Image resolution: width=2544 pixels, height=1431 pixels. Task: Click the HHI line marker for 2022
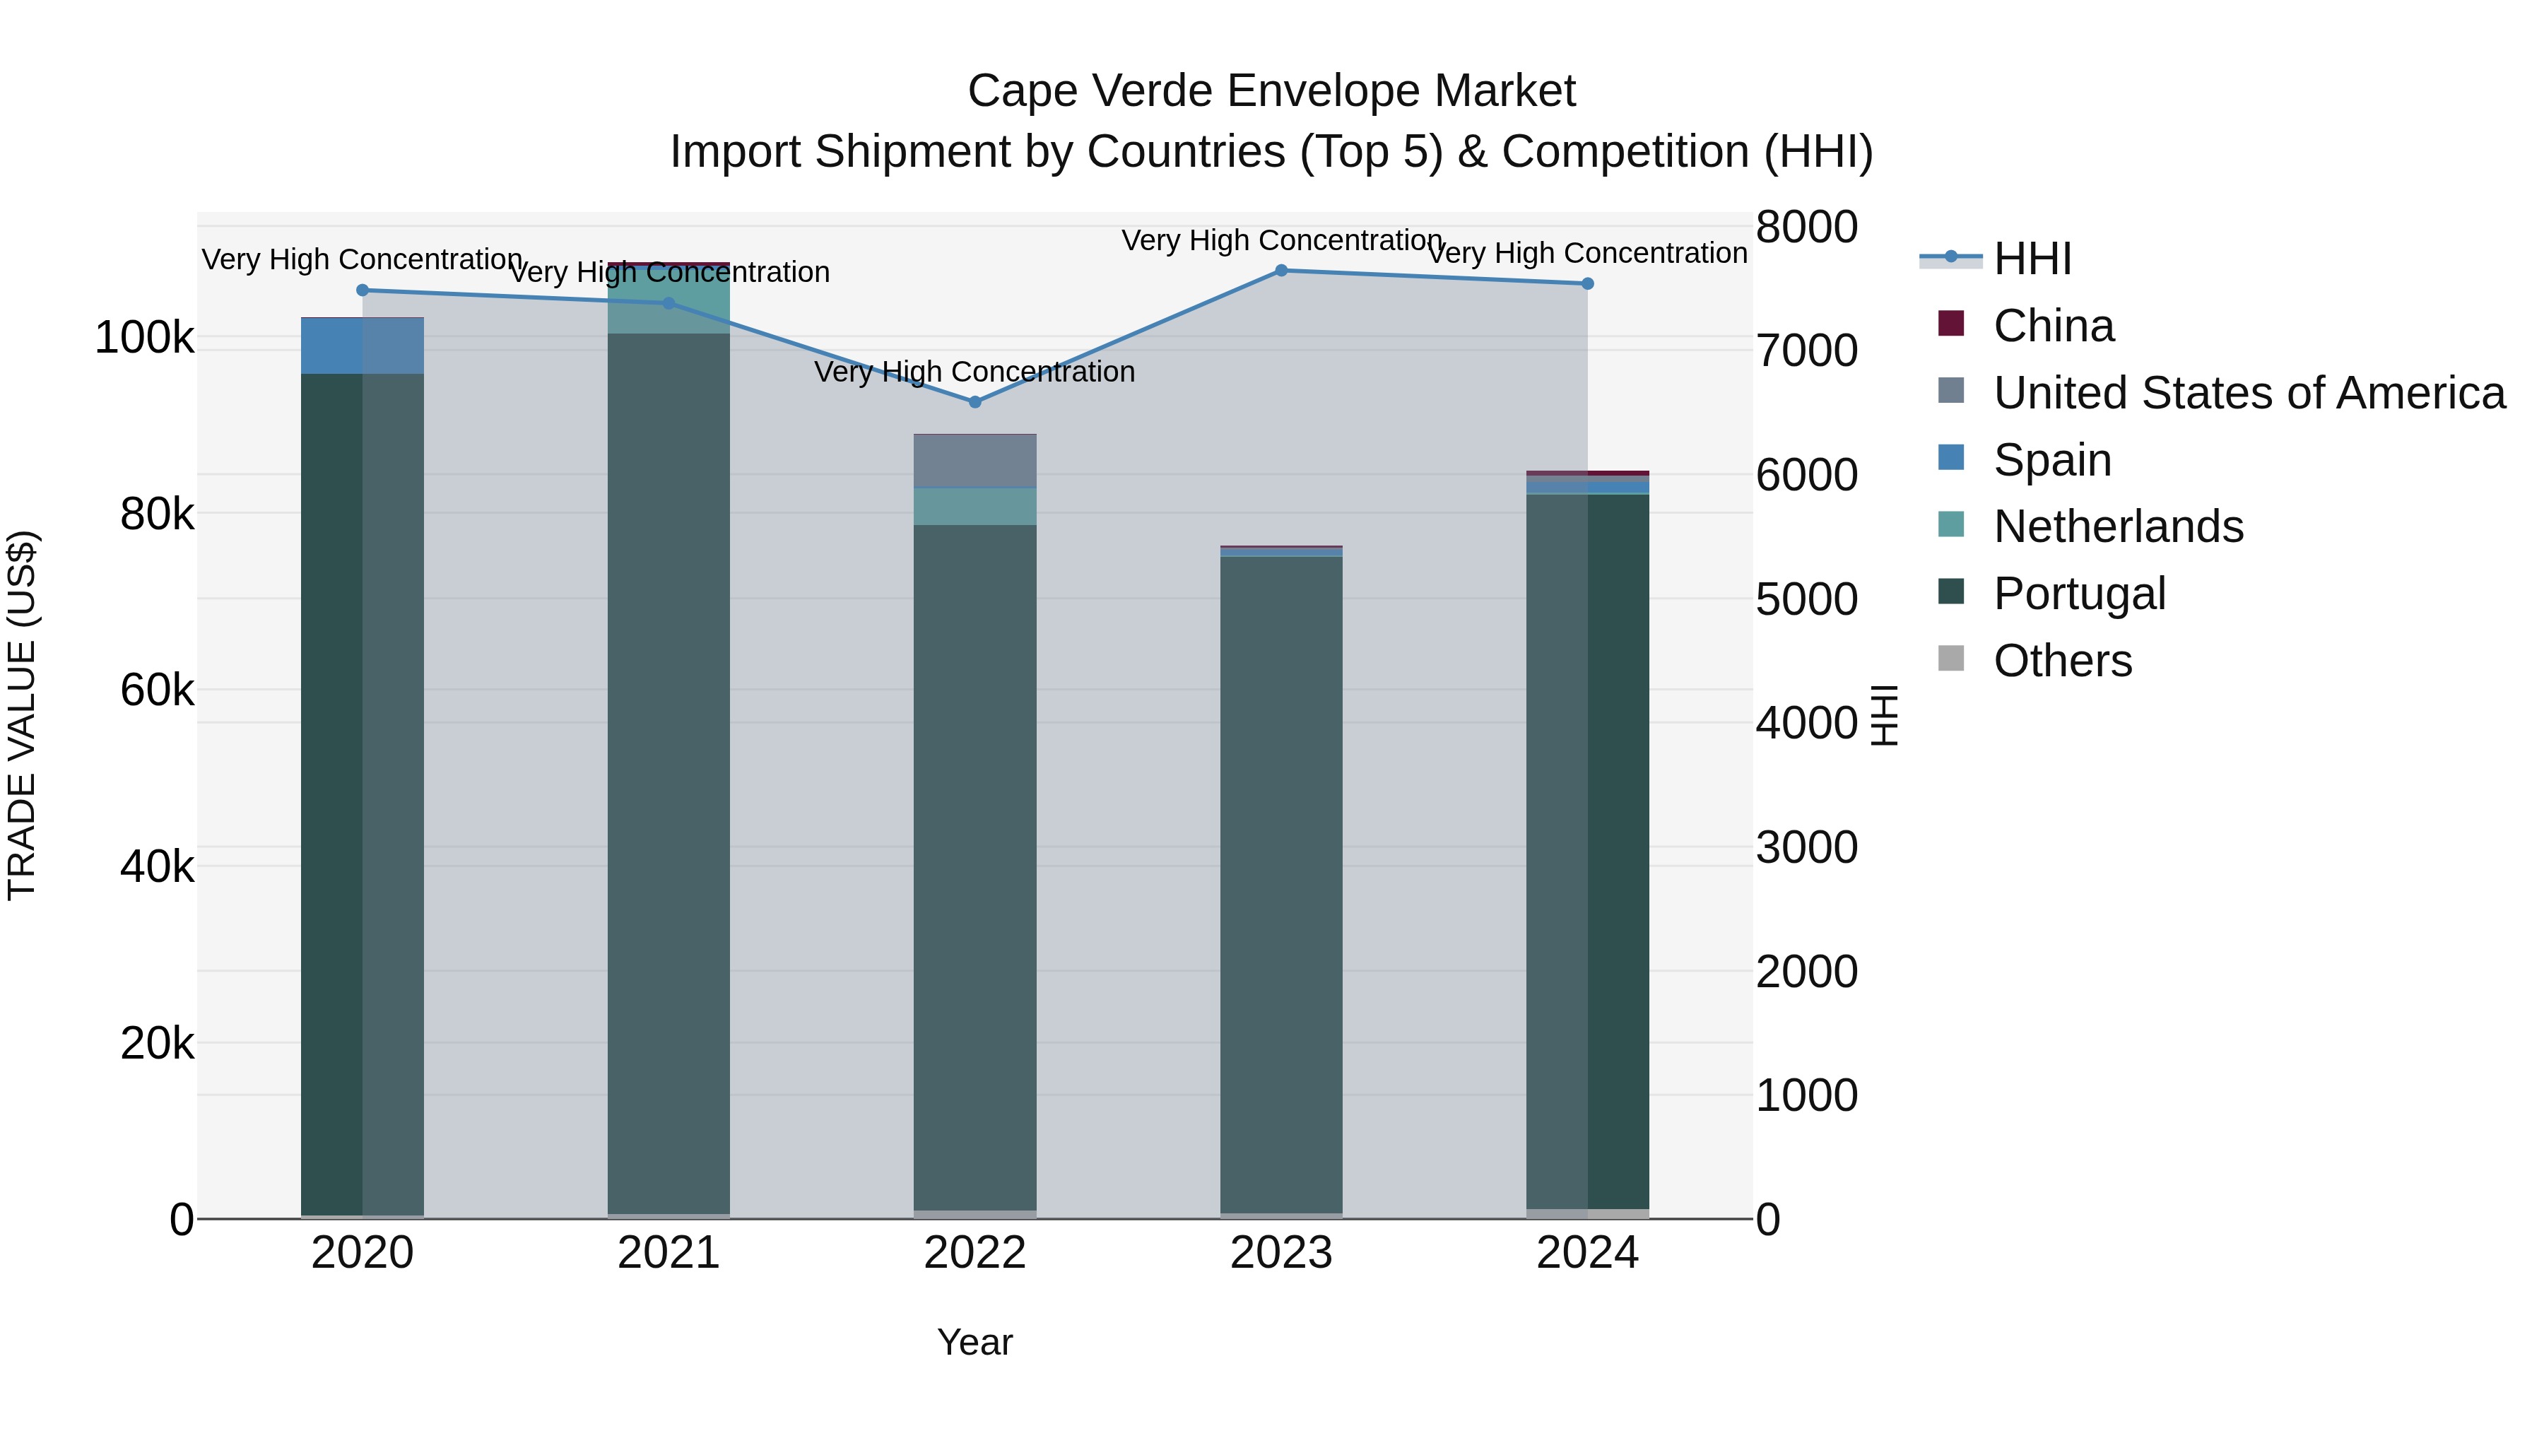coord(974,402)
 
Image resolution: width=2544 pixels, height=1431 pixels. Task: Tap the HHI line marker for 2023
coord(1281,271)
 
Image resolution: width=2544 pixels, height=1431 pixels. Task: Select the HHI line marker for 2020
coord(363,290)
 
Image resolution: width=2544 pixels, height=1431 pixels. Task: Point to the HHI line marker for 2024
coord(1588,283)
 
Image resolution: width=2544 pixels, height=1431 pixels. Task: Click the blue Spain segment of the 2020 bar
coord(332,346)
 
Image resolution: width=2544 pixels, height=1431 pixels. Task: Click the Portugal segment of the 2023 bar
coord(1281,879)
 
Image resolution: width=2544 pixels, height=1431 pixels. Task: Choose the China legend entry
coord(2052,326)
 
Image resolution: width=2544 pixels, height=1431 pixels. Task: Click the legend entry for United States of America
coord(2248,393)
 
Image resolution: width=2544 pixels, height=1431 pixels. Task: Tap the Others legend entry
coord(2062,661)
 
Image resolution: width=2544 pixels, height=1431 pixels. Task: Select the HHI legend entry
coord(2032,259)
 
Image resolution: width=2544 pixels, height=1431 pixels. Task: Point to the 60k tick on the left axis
coord(157,690)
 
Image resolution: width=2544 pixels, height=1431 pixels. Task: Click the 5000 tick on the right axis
coord(1806,599)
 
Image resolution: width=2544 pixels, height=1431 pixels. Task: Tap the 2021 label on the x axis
coord(669,1253)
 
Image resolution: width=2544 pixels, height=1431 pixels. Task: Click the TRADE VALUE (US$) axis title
coord(22,715)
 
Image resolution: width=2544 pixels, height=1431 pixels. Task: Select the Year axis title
coord(974,1342)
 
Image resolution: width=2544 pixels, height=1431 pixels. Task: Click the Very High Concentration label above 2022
coord(974,372)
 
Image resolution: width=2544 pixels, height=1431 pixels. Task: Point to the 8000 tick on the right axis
coord(1806,226)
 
